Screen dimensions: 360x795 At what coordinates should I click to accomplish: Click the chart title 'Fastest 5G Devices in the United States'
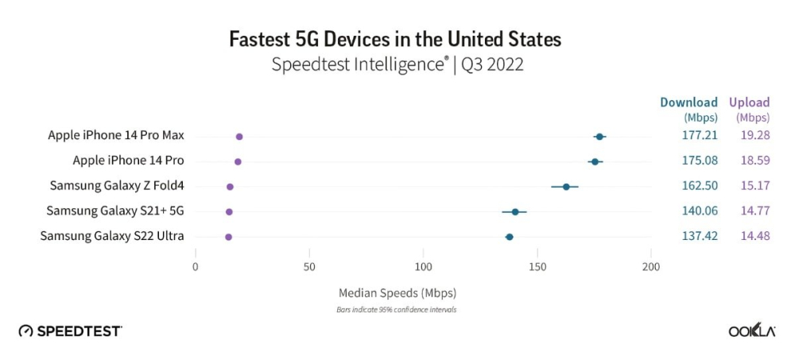(x=395, y=38)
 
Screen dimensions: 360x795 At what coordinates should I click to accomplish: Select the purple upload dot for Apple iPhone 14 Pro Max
(x=239, y=137)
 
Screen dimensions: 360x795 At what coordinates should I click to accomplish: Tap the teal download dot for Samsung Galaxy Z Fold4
(x=566, y=187)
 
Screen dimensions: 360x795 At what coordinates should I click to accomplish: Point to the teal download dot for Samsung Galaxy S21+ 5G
(x=515, y=212)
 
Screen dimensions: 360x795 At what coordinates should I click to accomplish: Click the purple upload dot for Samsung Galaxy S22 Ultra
(x=229, y=237)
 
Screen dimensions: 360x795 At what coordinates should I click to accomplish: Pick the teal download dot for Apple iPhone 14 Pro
(x=595, y=162)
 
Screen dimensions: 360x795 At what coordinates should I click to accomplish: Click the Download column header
(x=688, y=103)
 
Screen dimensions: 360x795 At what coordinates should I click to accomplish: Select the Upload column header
(x=750, y=103)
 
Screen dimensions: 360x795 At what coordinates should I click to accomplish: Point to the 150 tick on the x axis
(x=538, y=266)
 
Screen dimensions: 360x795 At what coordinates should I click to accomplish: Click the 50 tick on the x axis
(x=309, y=266)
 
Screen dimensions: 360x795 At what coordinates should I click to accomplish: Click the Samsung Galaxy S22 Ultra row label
(x=112, y=236)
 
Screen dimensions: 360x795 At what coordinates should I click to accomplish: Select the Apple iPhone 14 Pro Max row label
(x=116, y=136)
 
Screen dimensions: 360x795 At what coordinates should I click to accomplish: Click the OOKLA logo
(x=752, y=331)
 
